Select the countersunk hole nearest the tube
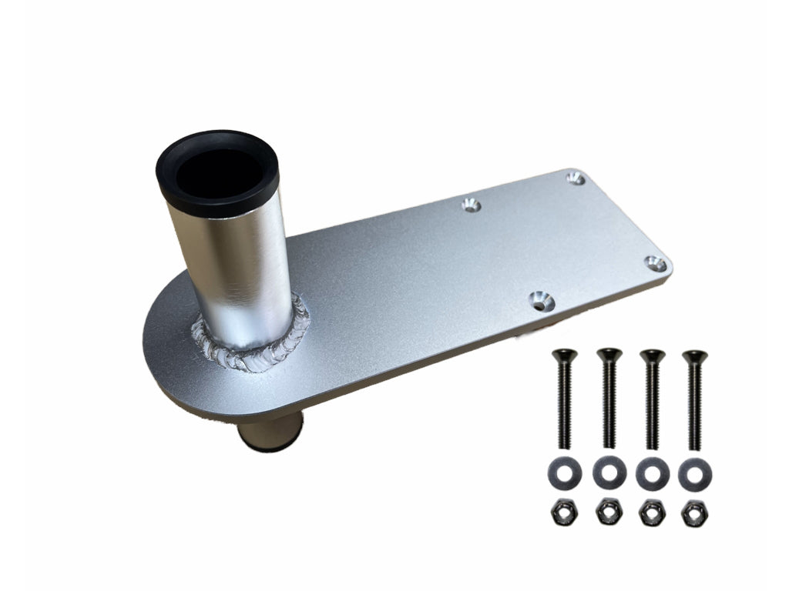click(x=472, y=205)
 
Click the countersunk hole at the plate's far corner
click(x=576, y=179)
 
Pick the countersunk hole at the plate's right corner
click(x=655, y=264)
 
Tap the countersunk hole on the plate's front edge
click(x=541, y=300)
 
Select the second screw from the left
click(x=609, y=398)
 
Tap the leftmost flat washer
click(x=564, y=472)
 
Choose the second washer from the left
click(x=609, y=472)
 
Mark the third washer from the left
click(x=652, y=473)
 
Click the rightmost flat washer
click(x=695, y=473)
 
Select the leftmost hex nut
click(x=564, y=513)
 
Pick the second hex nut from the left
click(x=609, y=513)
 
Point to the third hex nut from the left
click(x=652, y=513)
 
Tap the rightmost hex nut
click(x=695, y=513)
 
